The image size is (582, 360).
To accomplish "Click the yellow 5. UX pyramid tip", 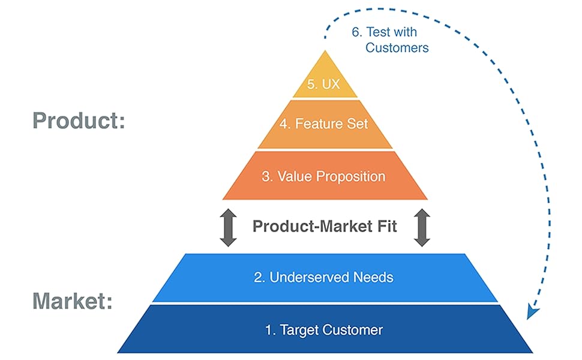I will pyautogui.click(x=325, y=78).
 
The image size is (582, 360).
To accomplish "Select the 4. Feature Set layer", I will pyautogui.click(x=325, y=124).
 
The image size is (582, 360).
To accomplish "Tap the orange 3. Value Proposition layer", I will pyautogui.click(x=325, y=176).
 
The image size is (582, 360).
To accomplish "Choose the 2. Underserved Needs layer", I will pyautogui.click(x=325, y=277).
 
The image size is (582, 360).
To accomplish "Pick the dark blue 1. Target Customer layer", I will pyautogui.click(x=325, y=329).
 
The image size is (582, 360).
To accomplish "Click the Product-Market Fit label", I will pyautogui.click(x=325, y=227).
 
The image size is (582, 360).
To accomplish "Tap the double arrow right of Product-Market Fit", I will pyautogui.click(x=422, y=227).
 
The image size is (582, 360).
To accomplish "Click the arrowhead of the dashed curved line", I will pyautogui.click(x=531, y=312).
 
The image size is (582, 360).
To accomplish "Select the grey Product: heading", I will pyautogui.click(x=79, y=121).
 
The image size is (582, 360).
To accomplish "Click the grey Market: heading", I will pyautogui.click(x=72, y=301).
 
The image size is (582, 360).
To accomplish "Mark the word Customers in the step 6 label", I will pyautogui.click(x=397, y=47).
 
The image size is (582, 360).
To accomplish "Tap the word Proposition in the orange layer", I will pyautogui.click(x=350, y=176).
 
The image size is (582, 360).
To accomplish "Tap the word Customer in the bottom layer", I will pyautogui.click(x=353, y=329).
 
